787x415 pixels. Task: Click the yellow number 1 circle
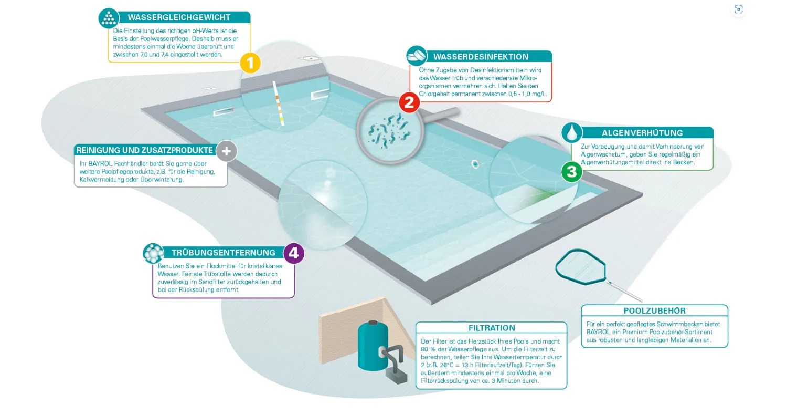pyautogui.click(x=250, y=63)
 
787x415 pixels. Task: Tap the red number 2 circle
pyautogui.click(x=410, y=102)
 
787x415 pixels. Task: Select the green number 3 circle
pyautogui.click(x=572, y=172)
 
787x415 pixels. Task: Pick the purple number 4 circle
pyautogui.click(x=294, y=253)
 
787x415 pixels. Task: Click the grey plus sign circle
pyautogui.click(x=227, y=151)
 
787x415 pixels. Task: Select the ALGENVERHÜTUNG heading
pyautogui.click(x=642, y=133)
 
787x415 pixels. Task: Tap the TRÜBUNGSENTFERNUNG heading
pyautogui.click(x=224, y=253)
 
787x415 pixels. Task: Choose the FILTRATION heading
pyautogui.click(x=492, y=328)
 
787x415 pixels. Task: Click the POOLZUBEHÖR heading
pyautogui.click(x=654, y=310)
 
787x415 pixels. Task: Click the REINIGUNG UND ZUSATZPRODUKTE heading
pyautogui.click(x=145, y=151)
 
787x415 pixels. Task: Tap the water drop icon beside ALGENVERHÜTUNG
pyautogui.click(x=571, y=133)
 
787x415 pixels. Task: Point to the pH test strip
pyautogui.click(x=279, y=103)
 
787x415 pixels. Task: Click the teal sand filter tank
pyautogui.click(x=373, y=346)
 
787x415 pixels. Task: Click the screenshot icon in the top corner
pyautogui.click(x=739, y=9)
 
